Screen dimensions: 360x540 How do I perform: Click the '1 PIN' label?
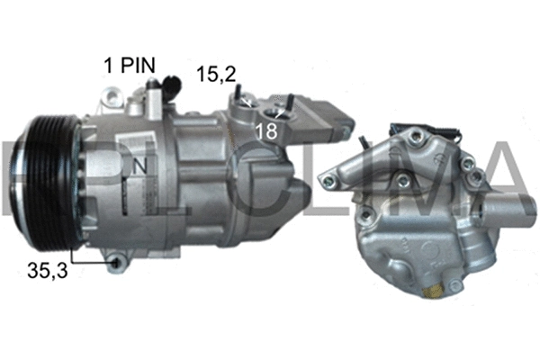(x=130, y=65)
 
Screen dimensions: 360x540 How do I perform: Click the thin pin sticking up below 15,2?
(x=236, y=94)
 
